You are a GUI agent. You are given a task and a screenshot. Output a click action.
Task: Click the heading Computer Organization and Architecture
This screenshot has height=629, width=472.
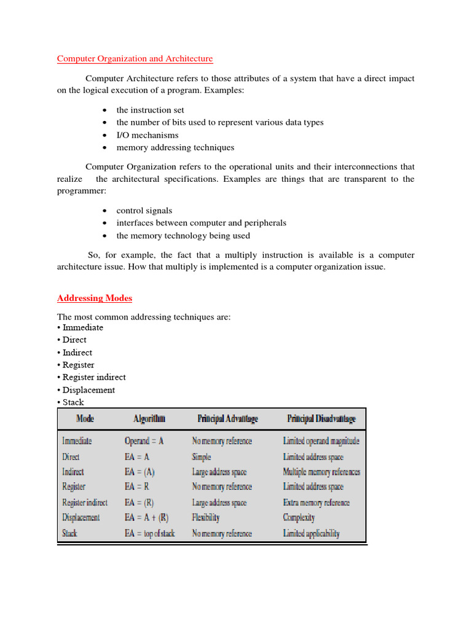[135, 59]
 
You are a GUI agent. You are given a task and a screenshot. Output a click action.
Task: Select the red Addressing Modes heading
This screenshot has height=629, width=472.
[95, 298]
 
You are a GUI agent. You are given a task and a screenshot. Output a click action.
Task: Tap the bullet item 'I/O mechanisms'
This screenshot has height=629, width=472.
[147, 135]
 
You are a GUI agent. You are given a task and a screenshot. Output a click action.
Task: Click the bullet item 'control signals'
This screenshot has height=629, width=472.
[144, 211]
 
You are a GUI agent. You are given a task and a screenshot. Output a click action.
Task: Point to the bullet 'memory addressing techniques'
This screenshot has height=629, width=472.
[175, 147]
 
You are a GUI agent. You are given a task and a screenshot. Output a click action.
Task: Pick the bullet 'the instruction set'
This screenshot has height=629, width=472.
[150, 110]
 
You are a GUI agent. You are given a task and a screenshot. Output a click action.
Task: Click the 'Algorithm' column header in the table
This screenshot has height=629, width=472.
[149, 419]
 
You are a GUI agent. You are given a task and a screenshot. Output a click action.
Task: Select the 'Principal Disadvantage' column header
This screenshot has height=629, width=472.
[321, 419]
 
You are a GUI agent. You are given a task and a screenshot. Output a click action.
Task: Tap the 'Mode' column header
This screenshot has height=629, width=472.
[85, 419]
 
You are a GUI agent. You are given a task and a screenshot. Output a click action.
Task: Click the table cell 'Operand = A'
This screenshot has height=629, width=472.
[144, 441]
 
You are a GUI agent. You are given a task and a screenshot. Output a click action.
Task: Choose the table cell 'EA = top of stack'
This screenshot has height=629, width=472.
[149, 533]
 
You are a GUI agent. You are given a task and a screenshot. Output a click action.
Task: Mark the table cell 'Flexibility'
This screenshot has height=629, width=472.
[205, 518]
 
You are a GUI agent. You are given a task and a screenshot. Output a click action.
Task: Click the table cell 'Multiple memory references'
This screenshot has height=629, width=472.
[321, 472]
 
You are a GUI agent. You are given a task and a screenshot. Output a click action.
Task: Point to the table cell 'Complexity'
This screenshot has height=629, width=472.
[299, 518]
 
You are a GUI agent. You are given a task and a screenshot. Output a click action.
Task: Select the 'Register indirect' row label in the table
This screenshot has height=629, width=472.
[85, 502]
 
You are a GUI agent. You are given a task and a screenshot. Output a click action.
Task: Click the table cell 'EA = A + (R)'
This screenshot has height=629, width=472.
[146, 518]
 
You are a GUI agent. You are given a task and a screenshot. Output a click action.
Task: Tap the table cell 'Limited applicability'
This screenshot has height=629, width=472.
[311, 533]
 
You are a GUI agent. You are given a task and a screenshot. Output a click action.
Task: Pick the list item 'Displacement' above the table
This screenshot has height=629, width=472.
[88, 390]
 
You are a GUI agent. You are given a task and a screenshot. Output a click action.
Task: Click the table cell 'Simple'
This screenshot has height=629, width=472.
[201, 457]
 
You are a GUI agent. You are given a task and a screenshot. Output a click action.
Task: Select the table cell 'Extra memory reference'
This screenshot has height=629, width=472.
[316, 502]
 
